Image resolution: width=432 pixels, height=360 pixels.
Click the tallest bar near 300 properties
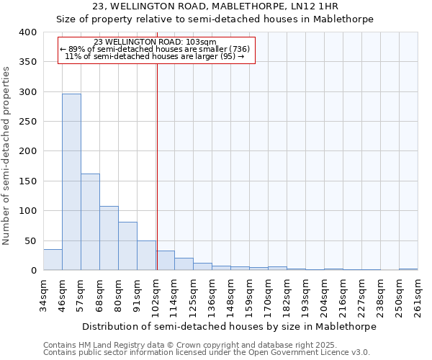[71, 181]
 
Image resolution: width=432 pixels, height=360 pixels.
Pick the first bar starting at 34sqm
[53, 260]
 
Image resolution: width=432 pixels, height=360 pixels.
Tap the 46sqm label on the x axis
[63, 294]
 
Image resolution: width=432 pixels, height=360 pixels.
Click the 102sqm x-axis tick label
[156, 296]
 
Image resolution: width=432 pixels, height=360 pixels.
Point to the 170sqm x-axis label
[269, 296]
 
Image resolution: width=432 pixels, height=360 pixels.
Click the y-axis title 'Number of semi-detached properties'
[7, 155]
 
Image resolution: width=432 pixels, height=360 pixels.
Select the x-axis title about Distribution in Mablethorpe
[230, 326]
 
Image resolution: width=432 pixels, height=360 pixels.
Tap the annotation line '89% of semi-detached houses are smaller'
[156, 49]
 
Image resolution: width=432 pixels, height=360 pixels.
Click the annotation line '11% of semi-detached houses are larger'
[156, 57]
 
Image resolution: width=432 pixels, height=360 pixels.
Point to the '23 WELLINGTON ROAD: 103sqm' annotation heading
[156, 42]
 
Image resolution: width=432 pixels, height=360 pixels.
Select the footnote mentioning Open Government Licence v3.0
[206, 353]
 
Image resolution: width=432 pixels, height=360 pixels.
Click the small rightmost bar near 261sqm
[408, 269]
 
